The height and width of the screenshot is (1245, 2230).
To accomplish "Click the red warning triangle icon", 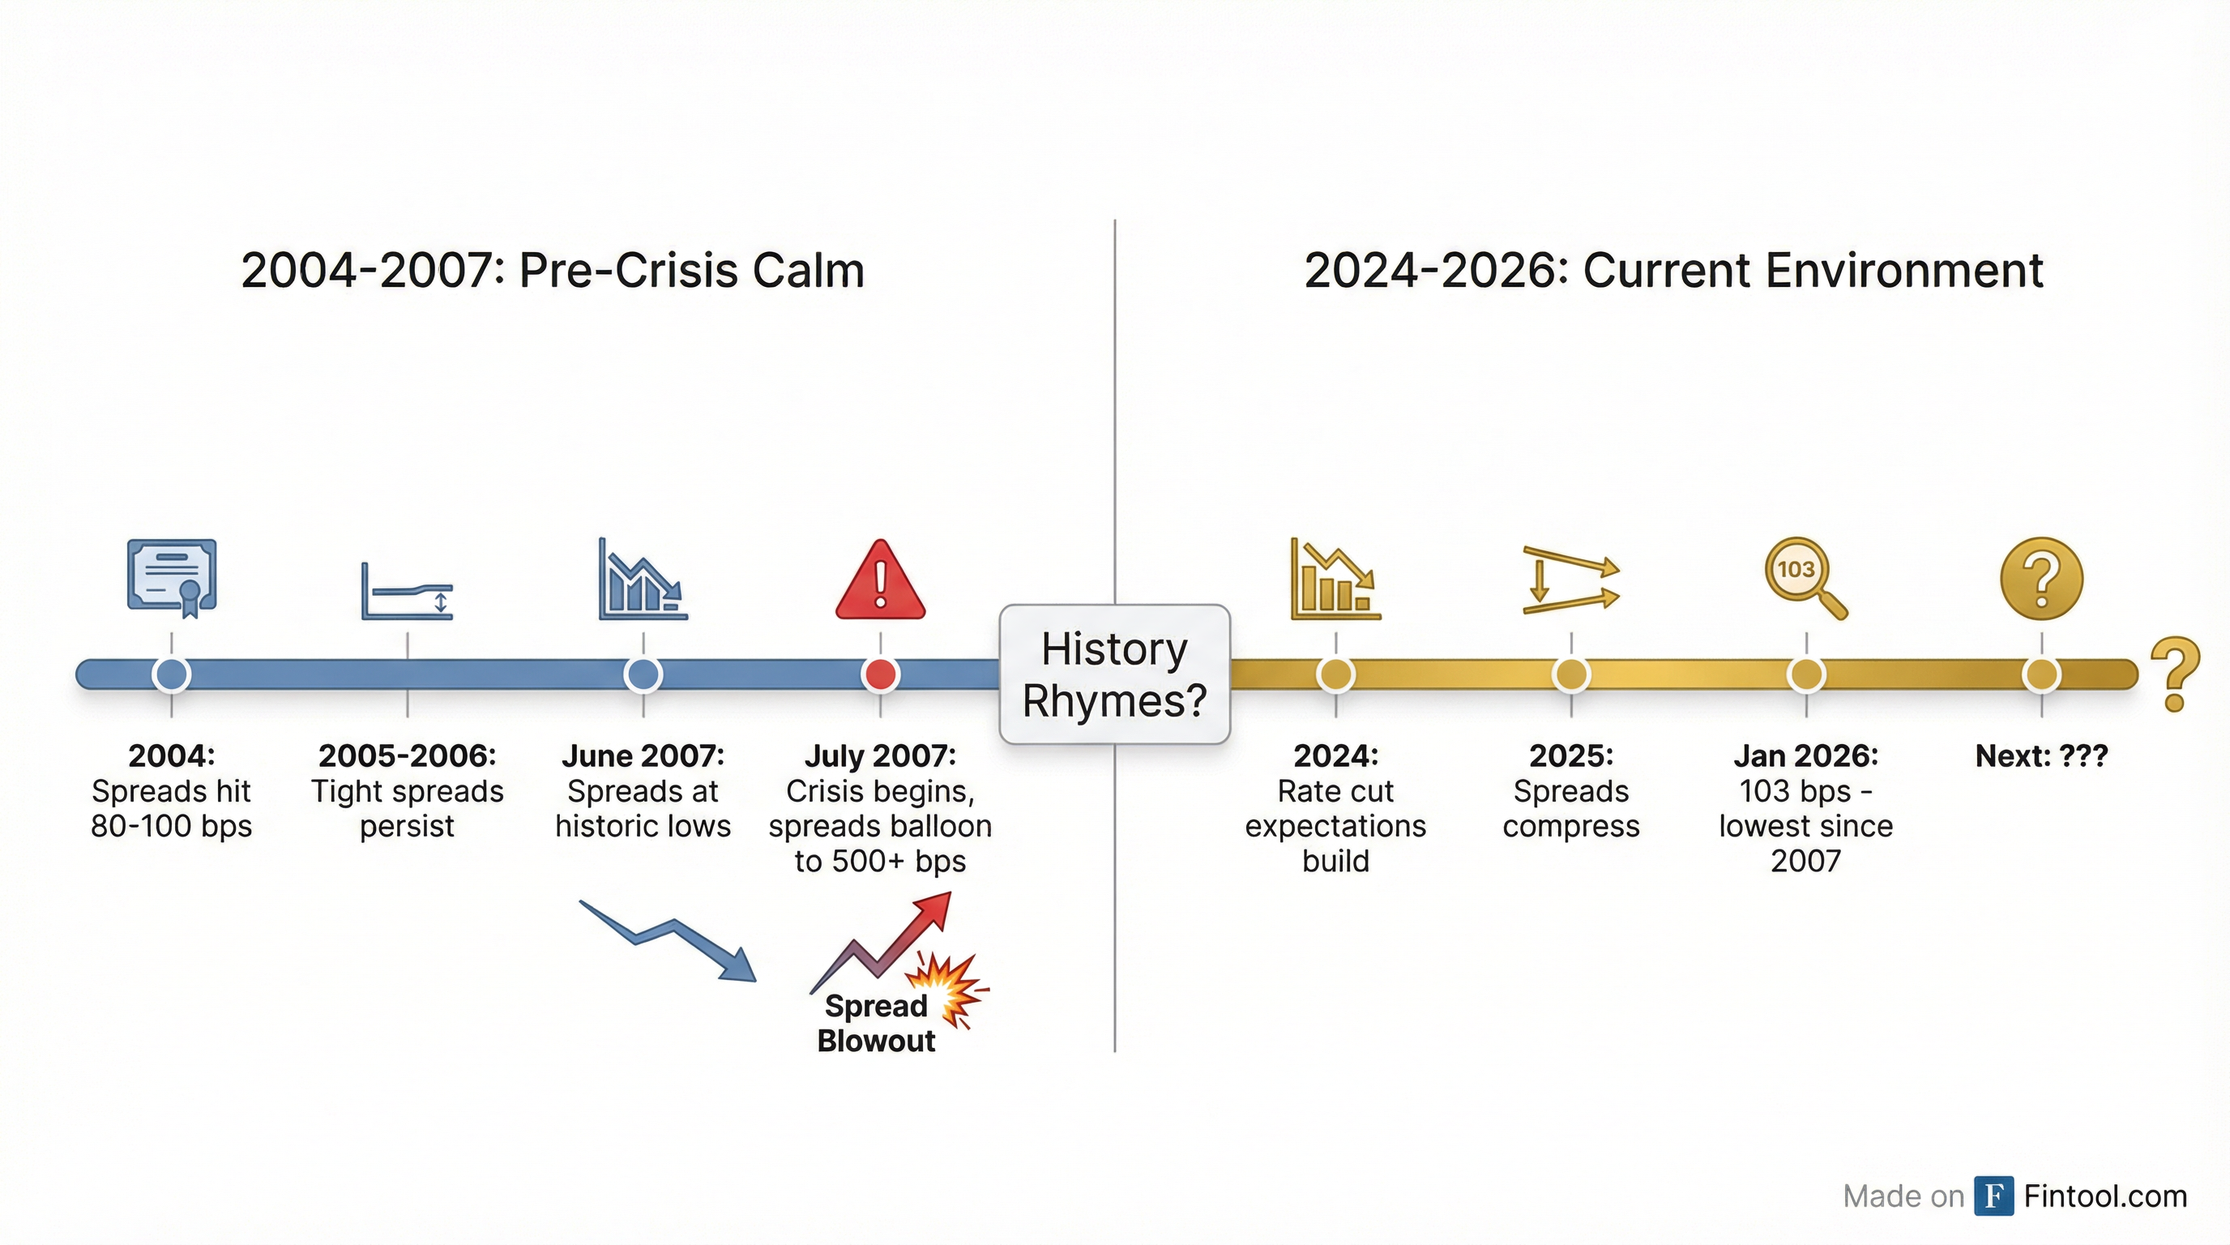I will coord(879,581).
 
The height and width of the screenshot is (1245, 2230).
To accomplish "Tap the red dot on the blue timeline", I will coord(880,674).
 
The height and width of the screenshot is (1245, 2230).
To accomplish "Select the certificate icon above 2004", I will coord(172,576).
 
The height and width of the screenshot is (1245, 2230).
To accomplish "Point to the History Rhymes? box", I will coord(1114,674).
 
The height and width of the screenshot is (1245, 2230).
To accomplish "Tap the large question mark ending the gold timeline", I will coord(2175,674).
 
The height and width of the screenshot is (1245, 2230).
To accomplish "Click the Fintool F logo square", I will coord(1993,1196).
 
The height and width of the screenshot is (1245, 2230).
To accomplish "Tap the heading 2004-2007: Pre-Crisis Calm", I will coord(553,270).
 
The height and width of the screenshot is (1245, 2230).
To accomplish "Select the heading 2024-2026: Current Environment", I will coord(1673,270).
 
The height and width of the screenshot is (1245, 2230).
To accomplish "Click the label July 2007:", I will coord(879,755).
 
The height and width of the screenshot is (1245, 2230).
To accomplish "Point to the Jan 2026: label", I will coord(1806,755).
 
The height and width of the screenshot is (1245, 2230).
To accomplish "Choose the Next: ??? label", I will coord(2041,755).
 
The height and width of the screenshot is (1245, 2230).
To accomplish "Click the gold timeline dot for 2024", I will coord(1335,674).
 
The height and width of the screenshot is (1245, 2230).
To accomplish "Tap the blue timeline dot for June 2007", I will coord(643,674).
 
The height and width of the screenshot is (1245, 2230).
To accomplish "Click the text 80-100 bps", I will coord(172,826).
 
